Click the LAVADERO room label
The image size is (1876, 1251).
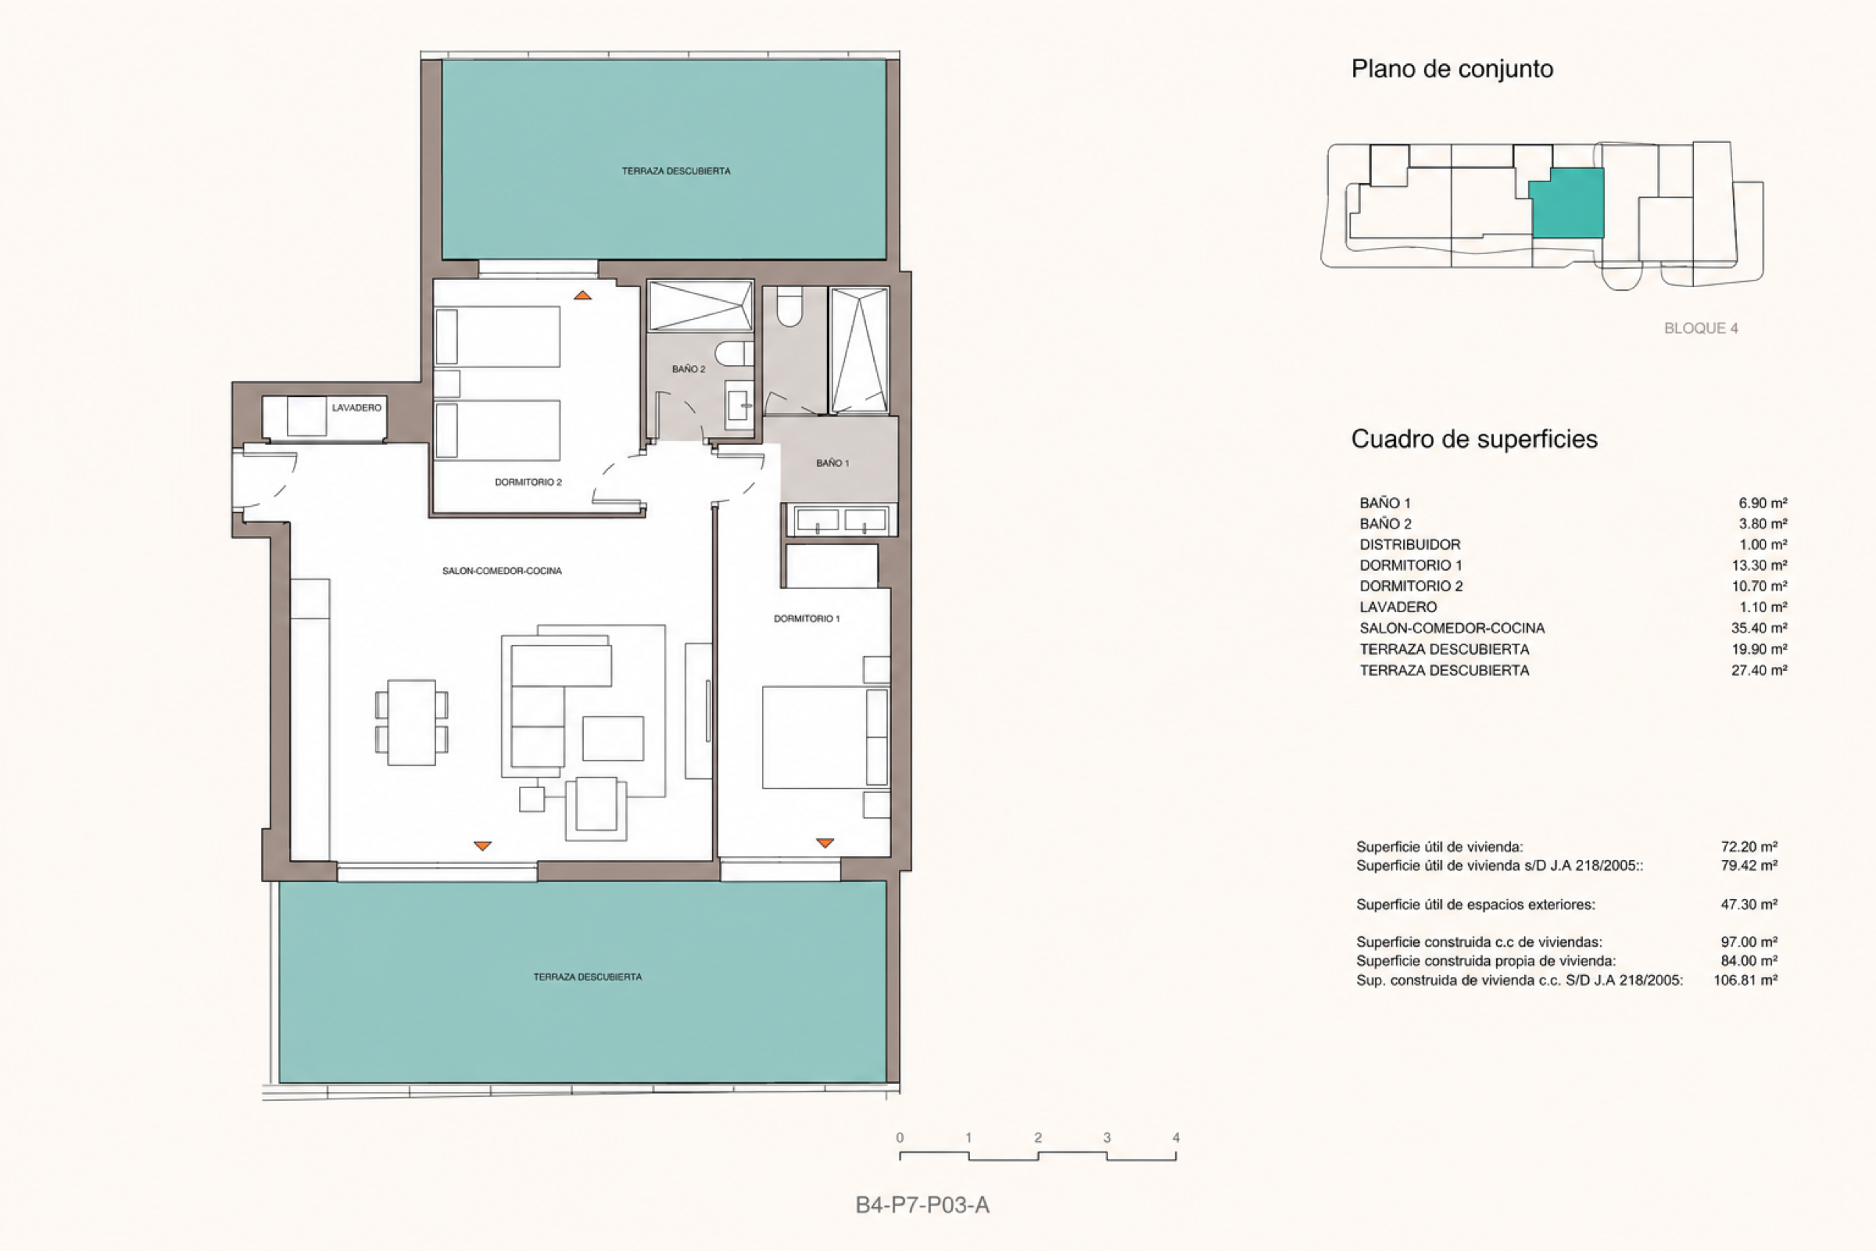coord(356,407)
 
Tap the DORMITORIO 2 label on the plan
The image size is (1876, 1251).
coord(528,482)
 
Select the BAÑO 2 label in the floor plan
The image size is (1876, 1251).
coord(689,368)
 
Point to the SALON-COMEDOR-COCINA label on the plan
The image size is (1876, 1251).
coord(502,571)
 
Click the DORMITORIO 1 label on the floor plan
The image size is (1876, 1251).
coord(807,618)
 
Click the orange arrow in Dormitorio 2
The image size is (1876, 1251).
coord(582,296)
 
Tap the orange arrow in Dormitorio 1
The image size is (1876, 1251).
coord(825,843)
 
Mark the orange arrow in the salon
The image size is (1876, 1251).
coord(482,846)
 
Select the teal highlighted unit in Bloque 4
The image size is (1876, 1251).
coord(1566,203)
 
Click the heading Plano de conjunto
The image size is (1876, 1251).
coord(1452,69)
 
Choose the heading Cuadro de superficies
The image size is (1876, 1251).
coord(1474,439)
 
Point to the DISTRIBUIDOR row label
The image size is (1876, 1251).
coord(1410,544)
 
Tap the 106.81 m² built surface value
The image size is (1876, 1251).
coord(1745,980)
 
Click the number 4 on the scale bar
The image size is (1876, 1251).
coord(1176,1138)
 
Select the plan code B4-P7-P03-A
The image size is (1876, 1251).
coord(922,1205)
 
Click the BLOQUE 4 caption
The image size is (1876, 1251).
coord(1701,328)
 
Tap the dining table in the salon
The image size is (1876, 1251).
coord(412,722)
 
